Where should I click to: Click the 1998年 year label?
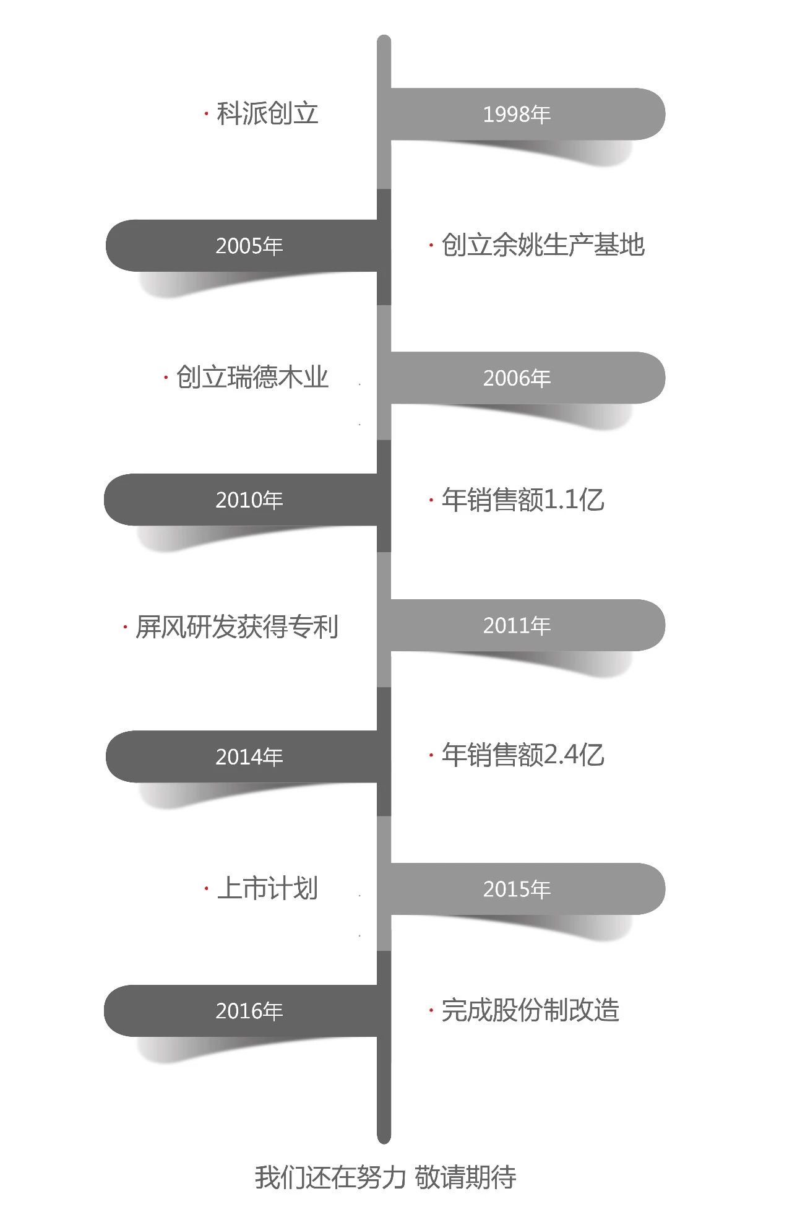pos(517,115)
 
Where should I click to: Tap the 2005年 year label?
pos(249,246)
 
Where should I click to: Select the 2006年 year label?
pos(517,378)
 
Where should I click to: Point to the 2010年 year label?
pos(249,500)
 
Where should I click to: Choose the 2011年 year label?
pos(517,626)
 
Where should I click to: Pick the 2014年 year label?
pos(249,757)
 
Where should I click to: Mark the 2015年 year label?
pos(517,890)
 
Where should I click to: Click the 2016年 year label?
pos(249,1011)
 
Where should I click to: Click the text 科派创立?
pos(267,114)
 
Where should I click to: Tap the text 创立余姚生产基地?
pos(543,245)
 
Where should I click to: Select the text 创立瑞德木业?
pos(252,377)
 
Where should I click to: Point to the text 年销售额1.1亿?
pos(523,500)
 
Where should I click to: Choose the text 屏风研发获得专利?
pos(237,627)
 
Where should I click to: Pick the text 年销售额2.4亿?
pos(523,755)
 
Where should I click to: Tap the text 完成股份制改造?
pos(530,1010)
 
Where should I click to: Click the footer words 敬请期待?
pos(465,1177)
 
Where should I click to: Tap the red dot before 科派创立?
pos(206,113)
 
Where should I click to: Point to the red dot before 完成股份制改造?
pos(431,1010)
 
